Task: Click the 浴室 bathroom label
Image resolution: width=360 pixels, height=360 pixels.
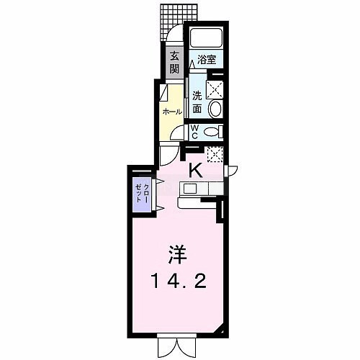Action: [x=207, y=60]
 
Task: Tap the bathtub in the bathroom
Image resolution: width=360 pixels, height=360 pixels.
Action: [x=207, y=37]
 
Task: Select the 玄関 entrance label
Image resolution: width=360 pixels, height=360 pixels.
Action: [x=175, y=63]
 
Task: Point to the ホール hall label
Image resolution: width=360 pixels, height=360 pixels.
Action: [x=172, y=112]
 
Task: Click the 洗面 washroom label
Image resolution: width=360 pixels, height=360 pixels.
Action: [x=197, y=103]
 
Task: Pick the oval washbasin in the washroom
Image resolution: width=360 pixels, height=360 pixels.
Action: [x=215, y=109]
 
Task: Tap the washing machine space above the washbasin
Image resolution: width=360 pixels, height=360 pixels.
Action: [x=215, y=89]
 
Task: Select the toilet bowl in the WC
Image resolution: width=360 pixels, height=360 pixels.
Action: [x=212, y=132]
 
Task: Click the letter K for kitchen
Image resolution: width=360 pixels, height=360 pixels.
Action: [x=197, y=170]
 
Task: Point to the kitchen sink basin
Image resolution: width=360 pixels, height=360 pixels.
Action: [x=190, y=189]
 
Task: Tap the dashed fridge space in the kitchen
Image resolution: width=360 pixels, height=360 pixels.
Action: [x=215, y=154]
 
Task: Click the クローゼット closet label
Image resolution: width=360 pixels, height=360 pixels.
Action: [x=142, y=194]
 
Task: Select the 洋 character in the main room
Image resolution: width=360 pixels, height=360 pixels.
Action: [x=177, y=255]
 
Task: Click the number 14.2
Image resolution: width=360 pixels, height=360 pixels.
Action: [x=179, y=282]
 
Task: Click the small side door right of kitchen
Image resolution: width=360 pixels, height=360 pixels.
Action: [x=232, y=171]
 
